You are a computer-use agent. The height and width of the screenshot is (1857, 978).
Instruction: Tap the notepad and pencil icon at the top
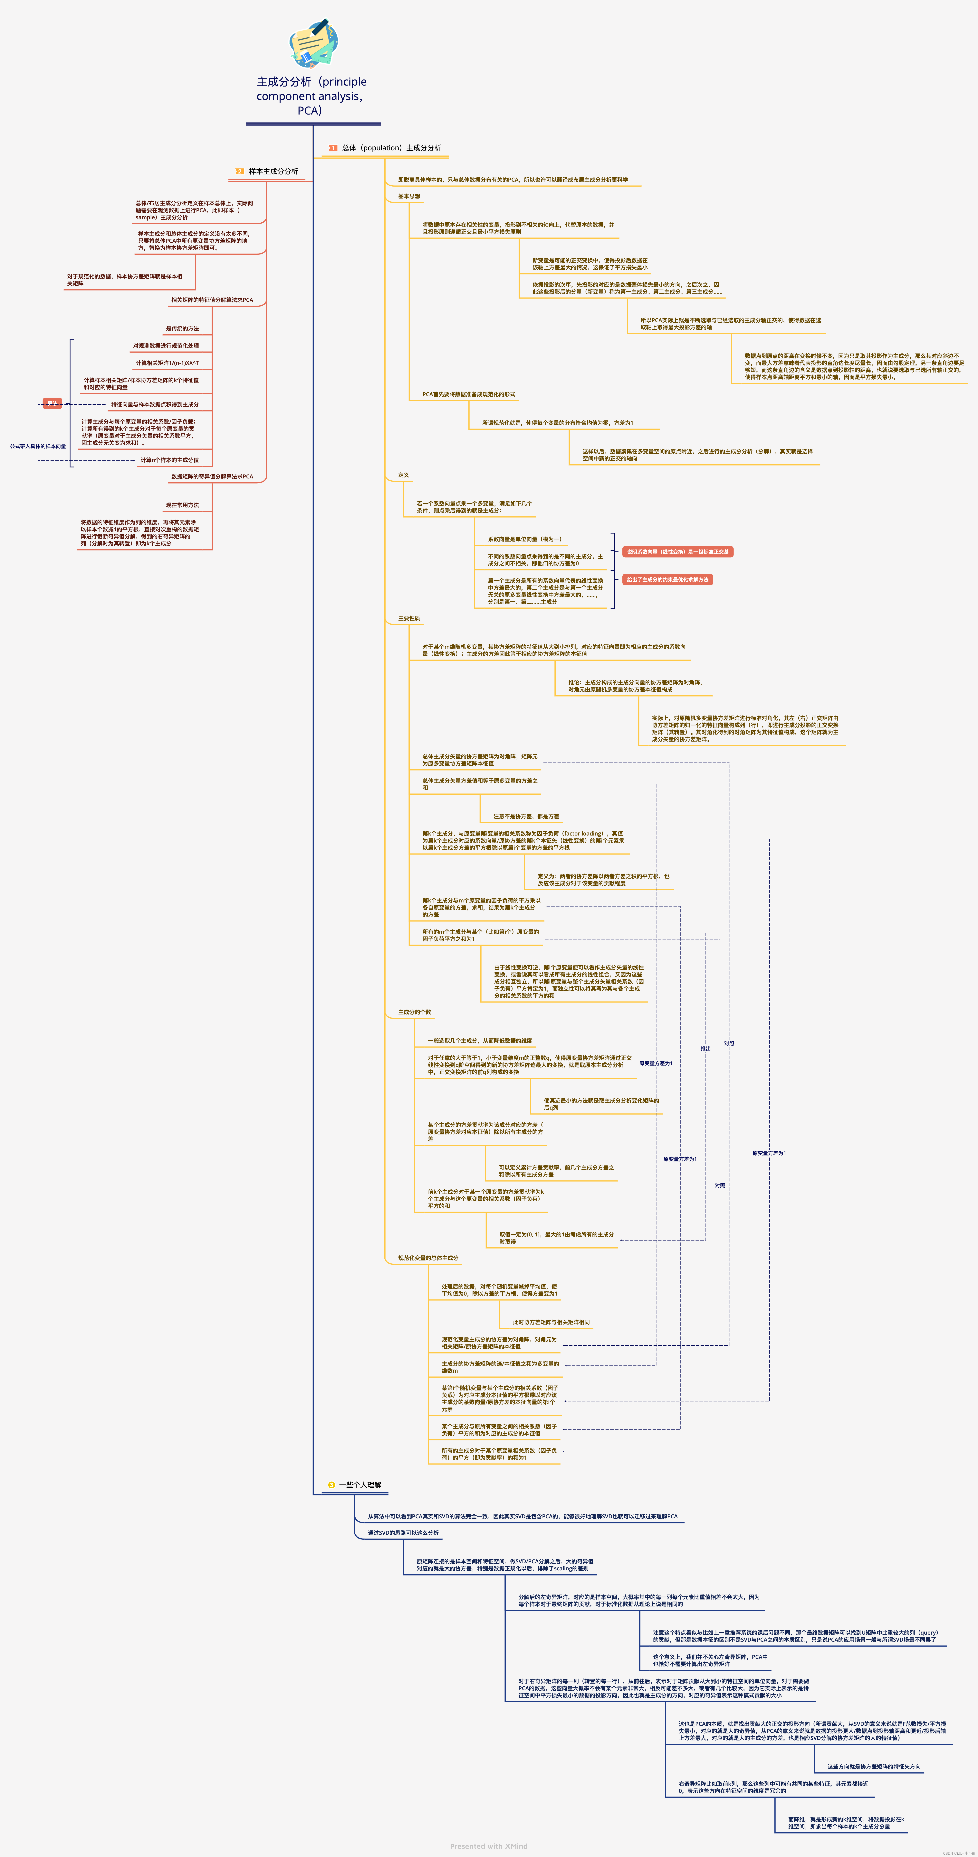tap(314, 43)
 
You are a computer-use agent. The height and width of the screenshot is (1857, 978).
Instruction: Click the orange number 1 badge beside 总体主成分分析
tap(332, 148)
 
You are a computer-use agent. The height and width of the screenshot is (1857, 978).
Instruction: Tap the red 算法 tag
tap(52, 404)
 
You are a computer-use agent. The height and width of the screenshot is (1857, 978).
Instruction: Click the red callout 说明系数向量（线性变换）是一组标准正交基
tap(677, 551)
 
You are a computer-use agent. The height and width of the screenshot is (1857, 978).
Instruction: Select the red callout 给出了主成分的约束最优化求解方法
tap(667, 580)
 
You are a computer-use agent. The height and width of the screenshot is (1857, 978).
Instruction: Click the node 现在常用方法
tap(182, 505)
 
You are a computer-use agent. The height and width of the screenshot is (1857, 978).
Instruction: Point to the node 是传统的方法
tap(182, 329)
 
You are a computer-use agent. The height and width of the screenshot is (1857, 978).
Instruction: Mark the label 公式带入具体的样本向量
tap(37, 446)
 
